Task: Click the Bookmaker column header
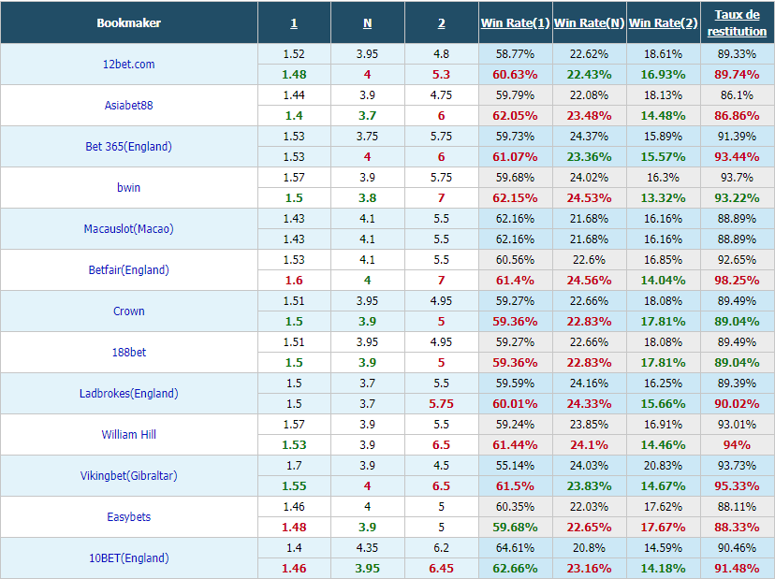click(128, 23)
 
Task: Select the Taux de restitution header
click(737, 22)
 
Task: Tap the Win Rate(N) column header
click(589, 23)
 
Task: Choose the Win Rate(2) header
click(663, 23)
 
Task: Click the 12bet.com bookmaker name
click(128, 65)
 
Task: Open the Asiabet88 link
click(128, 105)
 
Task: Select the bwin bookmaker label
click(128, 188)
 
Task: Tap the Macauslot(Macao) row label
click(128, 229)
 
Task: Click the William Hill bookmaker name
click(128, 435)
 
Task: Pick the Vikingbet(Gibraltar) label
click(128, 476)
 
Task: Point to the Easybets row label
click(128, 516)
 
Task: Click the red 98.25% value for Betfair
click(737, 281)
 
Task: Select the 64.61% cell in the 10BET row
click(515, 548)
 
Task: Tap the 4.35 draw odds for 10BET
click(367, 548)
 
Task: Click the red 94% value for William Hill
click(737, 445)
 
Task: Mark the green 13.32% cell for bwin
click(663, 198)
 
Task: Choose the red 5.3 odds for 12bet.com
click(441, 75)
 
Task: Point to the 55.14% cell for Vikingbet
click(515, 466)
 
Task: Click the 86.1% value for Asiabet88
click(737, 95)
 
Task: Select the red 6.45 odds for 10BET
click(441, 569)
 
